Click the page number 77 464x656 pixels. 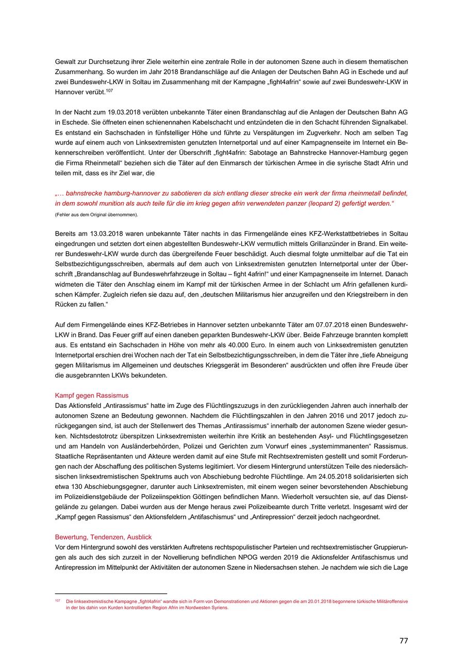[x=403, y=641]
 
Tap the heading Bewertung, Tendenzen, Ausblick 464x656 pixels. [x=103, y=537]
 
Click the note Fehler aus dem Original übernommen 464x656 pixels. [x=96, y=214]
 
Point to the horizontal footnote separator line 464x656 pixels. [x=111, y=594]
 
